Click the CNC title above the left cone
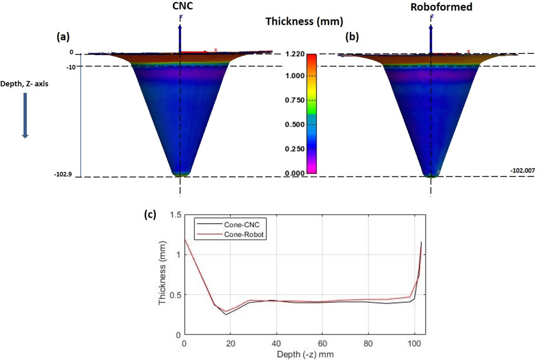[x=183, y=6]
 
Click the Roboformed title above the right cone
[x=441, y=7]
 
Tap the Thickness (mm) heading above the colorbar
[x=304, y=22]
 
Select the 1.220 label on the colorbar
[x=295, y=54]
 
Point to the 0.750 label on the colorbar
[x=295, y=100]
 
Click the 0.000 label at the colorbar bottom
[x=295, y=173]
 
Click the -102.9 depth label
[x=63, y=174]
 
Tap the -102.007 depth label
[x=523, y=170]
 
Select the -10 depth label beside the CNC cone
[x=71, y=67]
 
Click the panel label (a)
[x=63, y=37]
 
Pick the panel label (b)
[x=352, y=37]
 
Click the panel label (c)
[x=150, y=214]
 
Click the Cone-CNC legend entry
[x=242, y=225]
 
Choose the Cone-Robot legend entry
[x=244, y=235]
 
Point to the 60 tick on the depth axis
[x=322, y=343]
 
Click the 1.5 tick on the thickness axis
[x=176, y=215]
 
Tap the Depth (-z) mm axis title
[x=305, y=354]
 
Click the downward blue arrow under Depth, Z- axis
[x=25, y=115]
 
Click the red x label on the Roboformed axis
[x=468, y=51]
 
